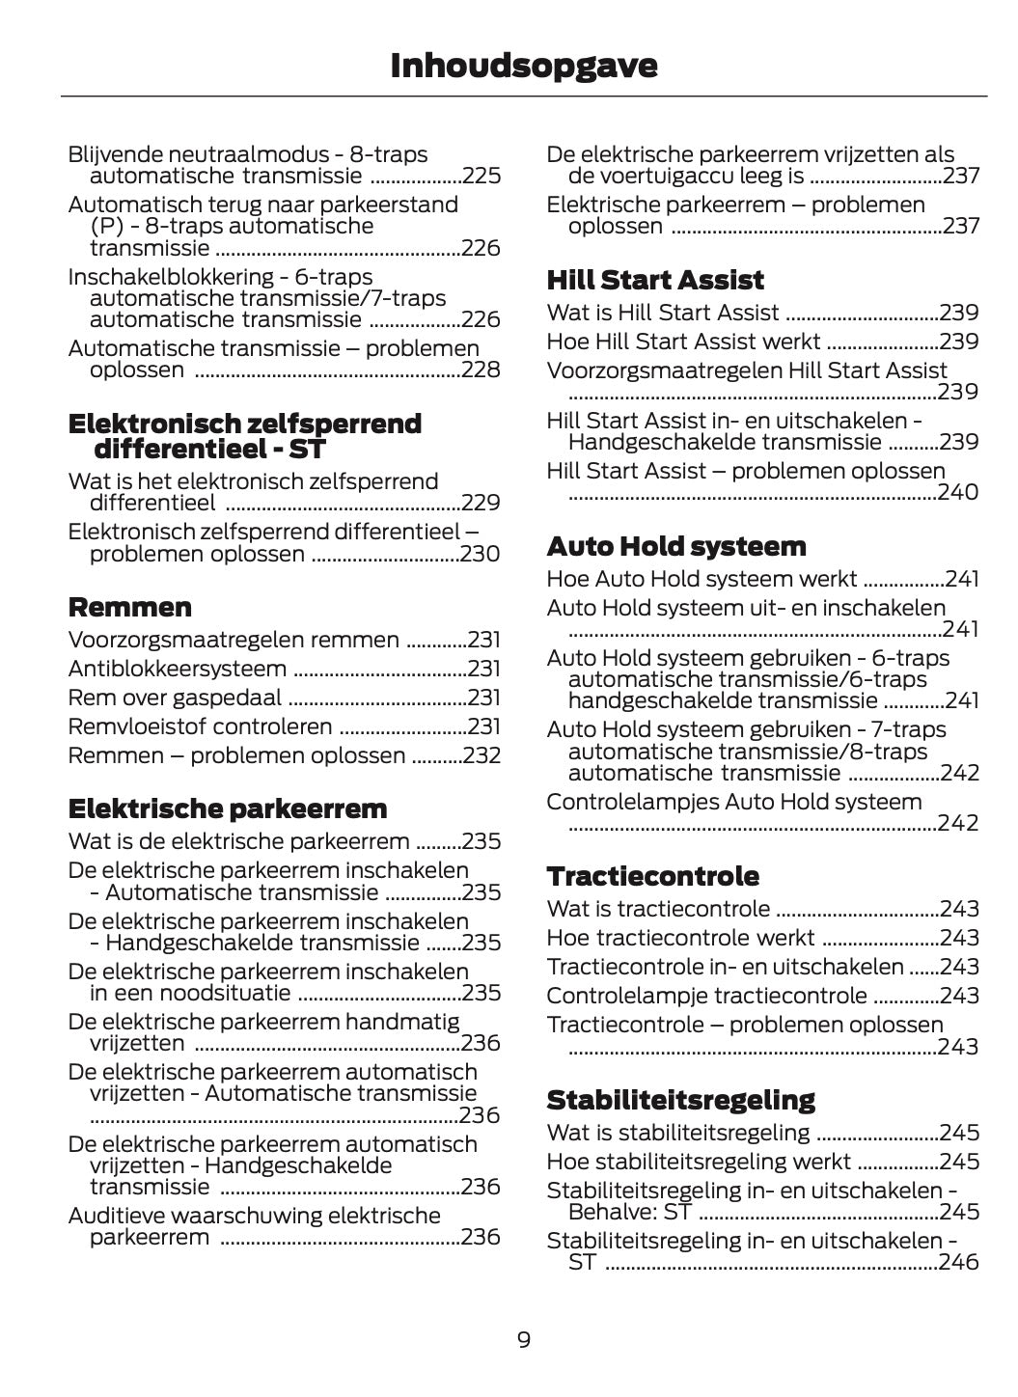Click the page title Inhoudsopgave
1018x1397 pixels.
[x=524, y=66]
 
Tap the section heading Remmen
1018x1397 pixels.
[x=130, y=607]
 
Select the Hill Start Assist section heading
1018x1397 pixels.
[x=655, y=280]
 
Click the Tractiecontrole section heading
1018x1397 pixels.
[x=652, y=876]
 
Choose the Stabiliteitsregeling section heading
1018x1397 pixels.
[x=680, y=1100]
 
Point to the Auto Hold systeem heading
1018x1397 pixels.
[x=675, y=546]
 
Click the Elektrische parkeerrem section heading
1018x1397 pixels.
[x=228, y=808]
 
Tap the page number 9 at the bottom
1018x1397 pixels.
[x=524, y=1339]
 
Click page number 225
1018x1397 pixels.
[x=481, y=176]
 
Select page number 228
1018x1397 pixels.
[x=481, y=370]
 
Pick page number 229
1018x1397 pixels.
[x=481, y=503]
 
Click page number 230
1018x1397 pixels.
[x=481, y=554]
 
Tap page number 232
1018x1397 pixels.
[x=481, y=755]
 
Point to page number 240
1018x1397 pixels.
[x=958, y=492]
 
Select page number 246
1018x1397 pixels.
[x=958, y=1262]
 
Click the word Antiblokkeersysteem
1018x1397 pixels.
[x=178, y=669]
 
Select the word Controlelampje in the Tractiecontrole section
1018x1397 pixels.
[x=626, y=996]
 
